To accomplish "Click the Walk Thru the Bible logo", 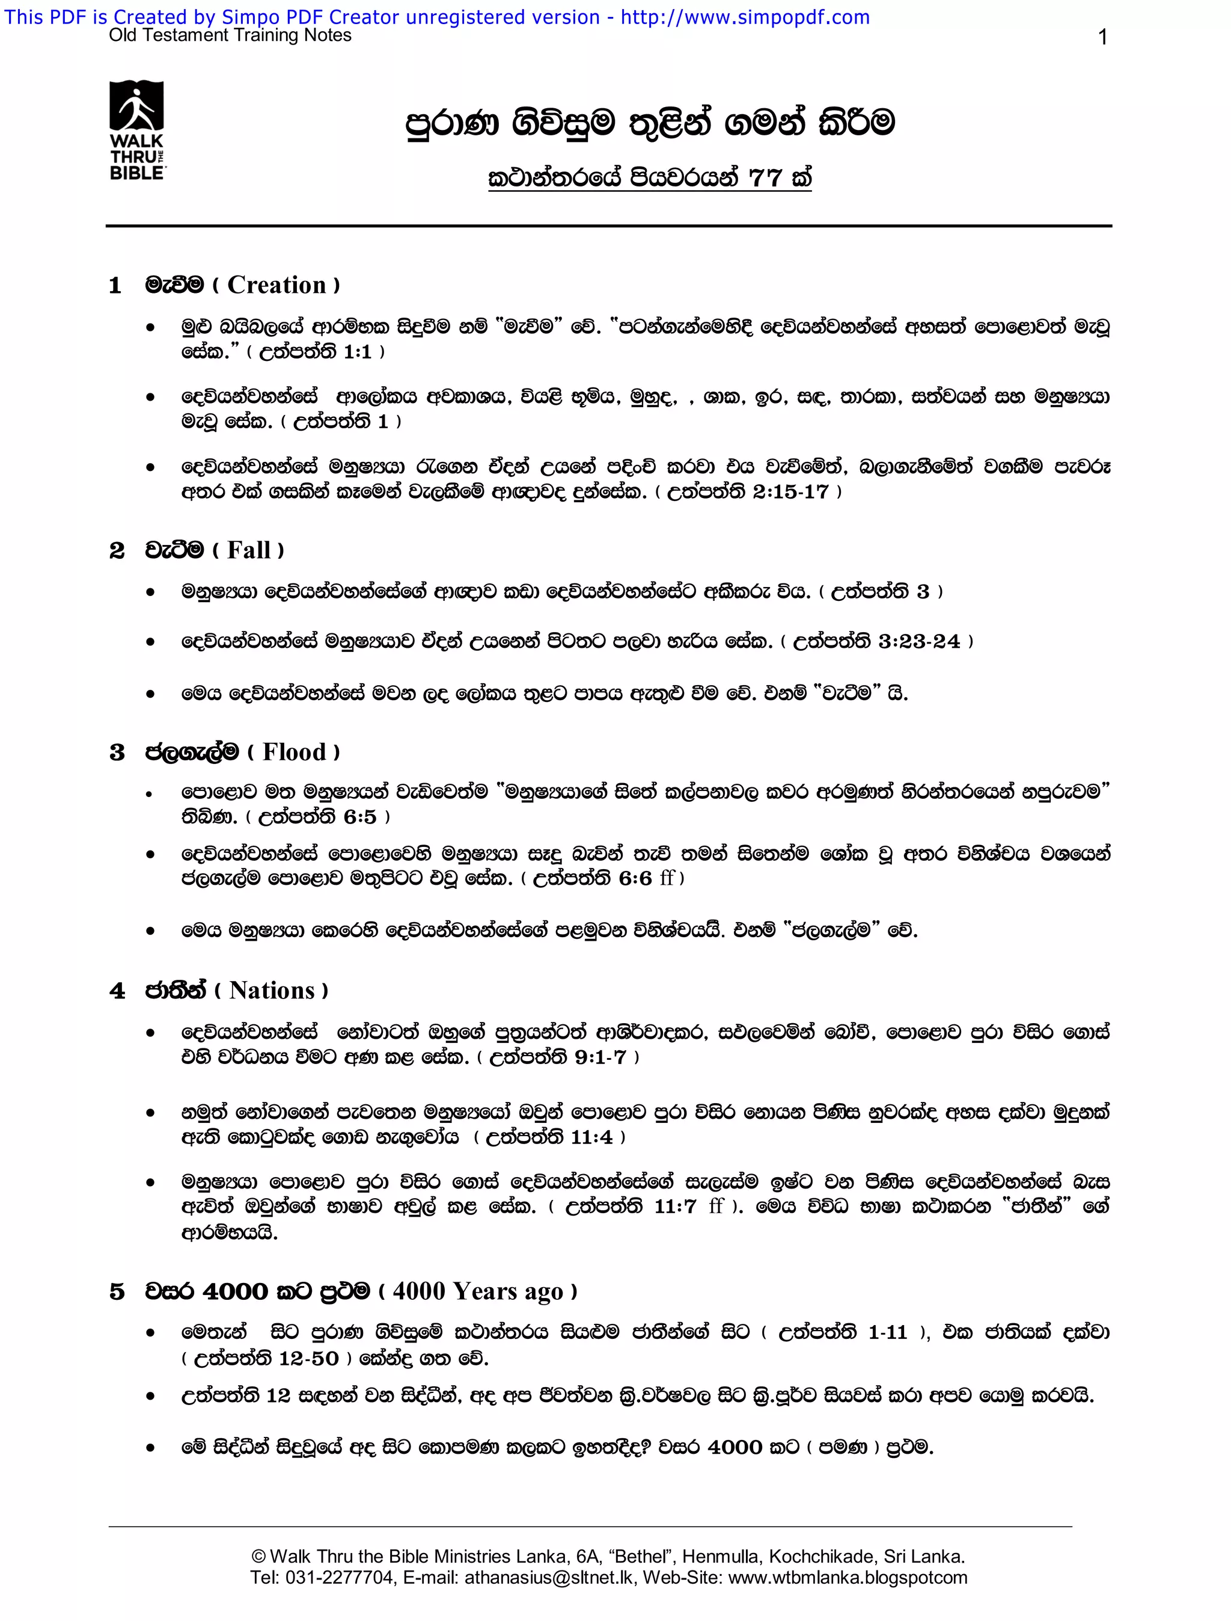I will click(x=137, y=131).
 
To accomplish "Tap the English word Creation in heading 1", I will click(x=276, y=285).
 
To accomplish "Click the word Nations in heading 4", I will click(x=272, y=991).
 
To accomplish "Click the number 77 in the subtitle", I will click(x=765, y=178).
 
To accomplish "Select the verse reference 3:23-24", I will click(x=919, y=642).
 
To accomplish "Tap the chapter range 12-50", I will click(x=308, y=1359).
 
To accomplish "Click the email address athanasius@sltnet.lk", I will click(x=552, y=1578).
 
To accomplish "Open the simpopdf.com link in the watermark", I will click(x=745, y=17).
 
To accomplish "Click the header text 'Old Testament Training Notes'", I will click(x=230, y=36).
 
